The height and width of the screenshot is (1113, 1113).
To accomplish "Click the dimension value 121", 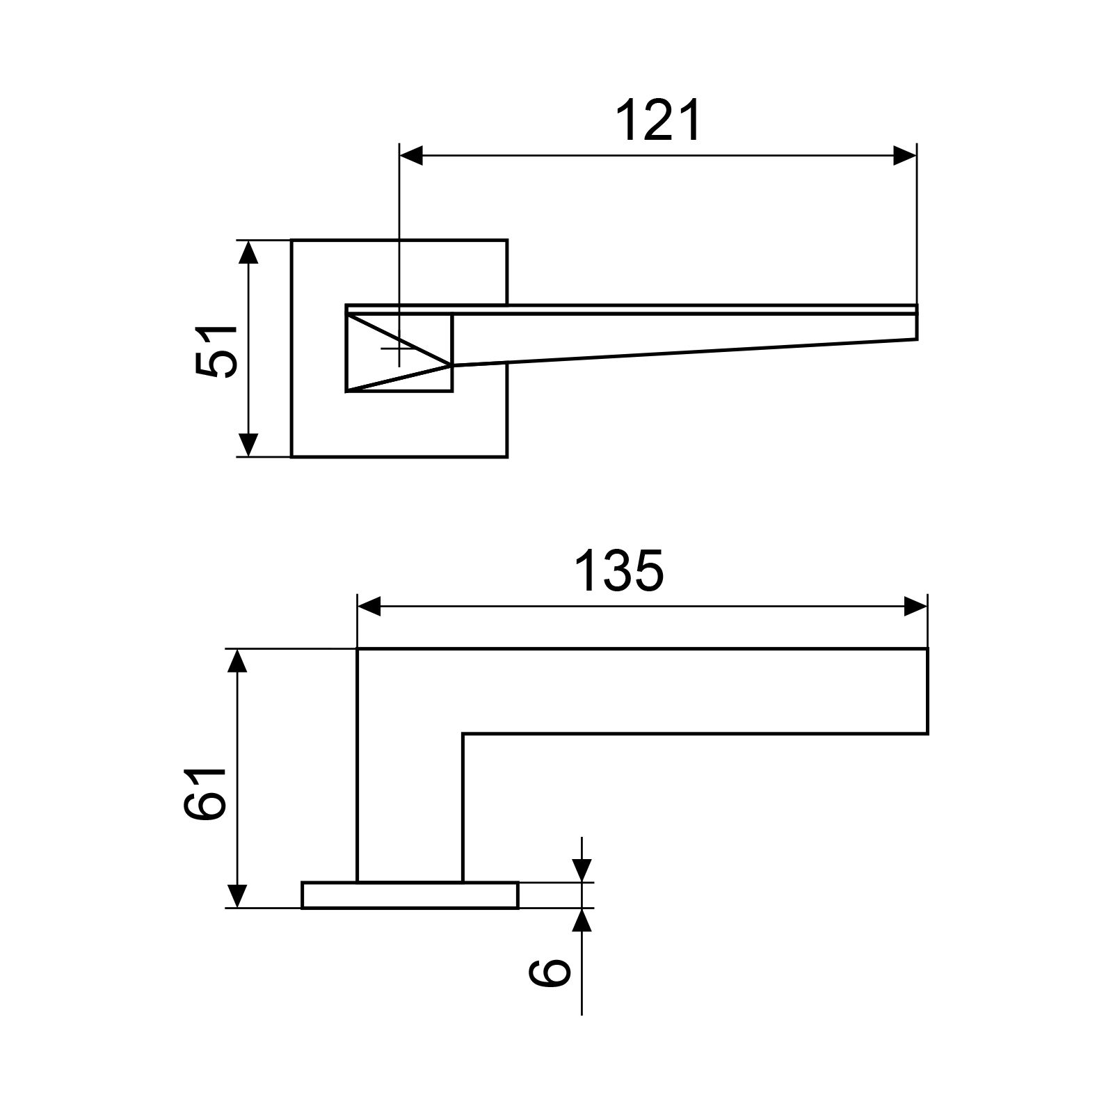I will pyautogui.click(x=659, y=121).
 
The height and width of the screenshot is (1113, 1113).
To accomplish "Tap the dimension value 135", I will pyautogui.click(x=619, y=571).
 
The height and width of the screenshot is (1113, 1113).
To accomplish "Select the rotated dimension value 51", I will pyautogui.click(x=216, y=351).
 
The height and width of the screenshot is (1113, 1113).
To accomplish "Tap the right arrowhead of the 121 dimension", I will pyautogui.click(x=904, y=156).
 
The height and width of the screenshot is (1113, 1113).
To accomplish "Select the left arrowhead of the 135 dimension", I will pyautogui.click(x=369, y=607).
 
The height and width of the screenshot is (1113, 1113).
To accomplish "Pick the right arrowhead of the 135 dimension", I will pyautogui.click(x=915, y=607).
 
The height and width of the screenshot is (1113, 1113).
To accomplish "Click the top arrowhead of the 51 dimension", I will pyautogui.click(x=248, y=252).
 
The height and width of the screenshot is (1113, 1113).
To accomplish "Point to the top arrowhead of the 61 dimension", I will pyautogui.click(x=238, y=661).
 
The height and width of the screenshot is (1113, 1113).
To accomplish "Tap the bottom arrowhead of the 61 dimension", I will pyautogui.click(x=238, y=896).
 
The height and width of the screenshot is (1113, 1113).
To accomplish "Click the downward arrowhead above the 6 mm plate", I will pyautogui.click(x=582, y=870).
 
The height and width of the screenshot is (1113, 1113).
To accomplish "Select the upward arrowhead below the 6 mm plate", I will pyautogui.click(x=582, y=920).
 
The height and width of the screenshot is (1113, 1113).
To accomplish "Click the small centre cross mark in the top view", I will pyautogui.click(x=399, y=347).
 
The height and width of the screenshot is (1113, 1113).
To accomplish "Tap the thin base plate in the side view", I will pyautogui.click(x=410, y=895).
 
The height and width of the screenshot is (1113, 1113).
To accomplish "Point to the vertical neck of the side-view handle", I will pyautogui.click(x=410, y=800).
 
